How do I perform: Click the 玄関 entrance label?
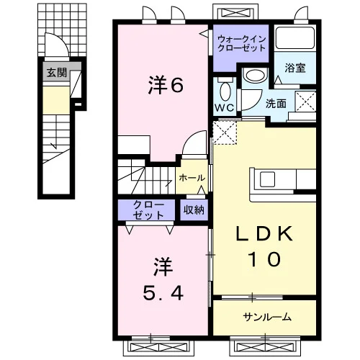point(57,72)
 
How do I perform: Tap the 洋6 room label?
point(166,85)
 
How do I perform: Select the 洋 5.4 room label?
point(163,279)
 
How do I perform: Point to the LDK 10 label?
point(264,246)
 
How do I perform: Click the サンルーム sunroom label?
point(267,318)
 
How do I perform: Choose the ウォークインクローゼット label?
point(241,43)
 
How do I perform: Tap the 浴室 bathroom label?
point(295,68)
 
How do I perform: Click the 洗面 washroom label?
point(276,104)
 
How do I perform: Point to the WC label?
point(224,108)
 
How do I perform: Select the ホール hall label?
point(192,178)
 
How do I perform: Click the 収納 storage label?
point(194,210)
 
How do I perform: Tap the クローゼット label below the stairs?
point(148,210)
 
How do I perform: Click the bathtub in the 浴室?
point(294,38)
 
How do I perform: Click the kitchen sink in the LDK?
point(268,179)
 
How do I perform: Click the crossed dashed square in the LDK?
point(225,132)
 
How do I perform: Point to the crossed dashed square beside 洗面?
point(305,102)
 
